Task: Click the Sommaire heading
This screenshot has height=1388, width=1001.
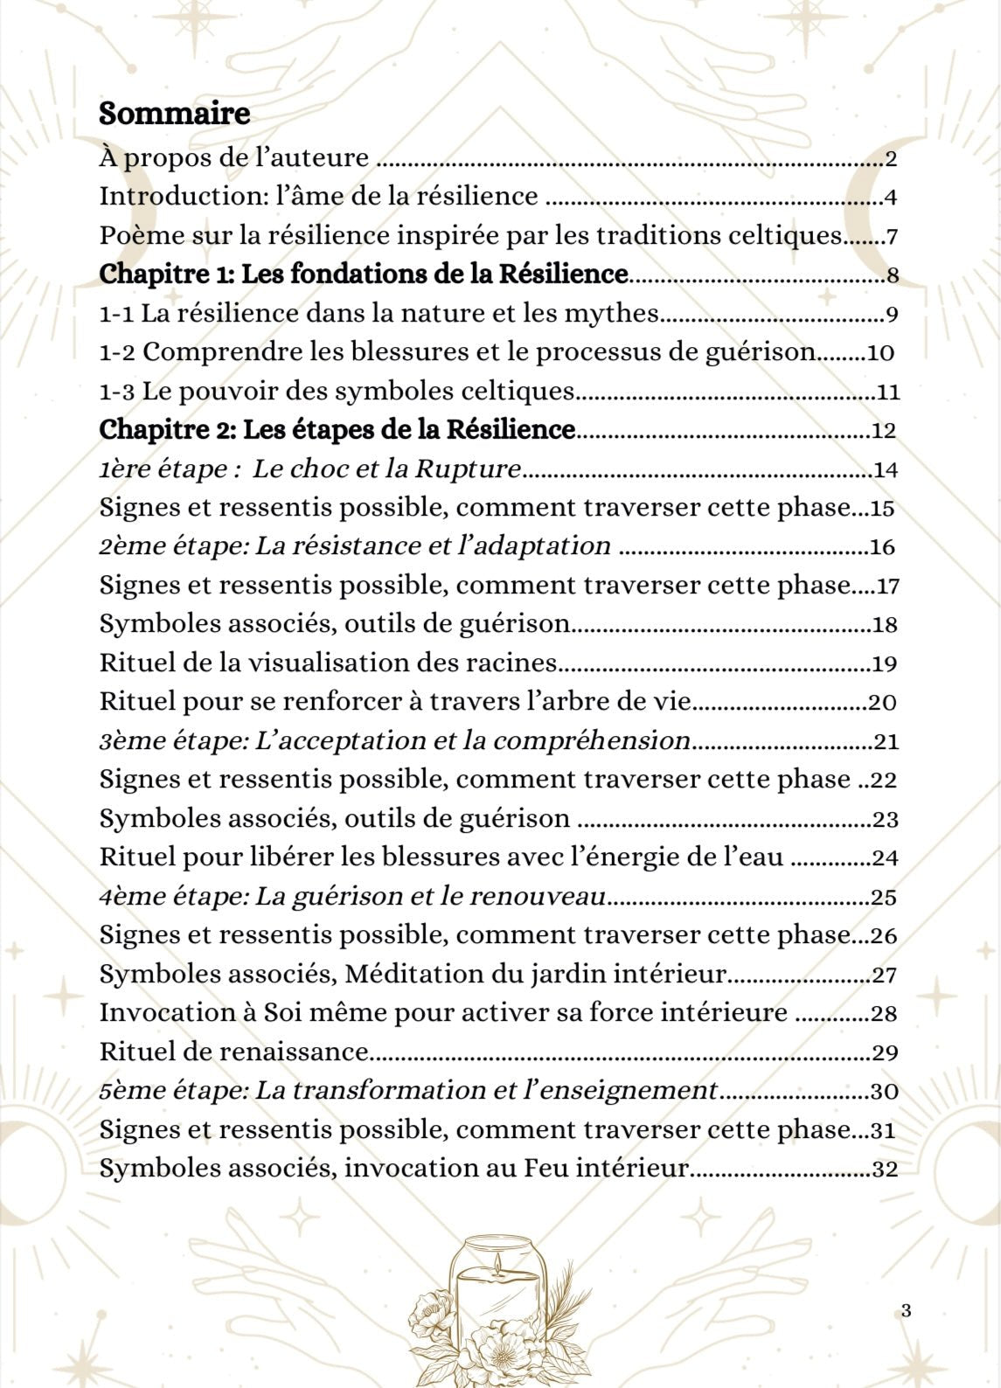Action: (x=175, y=114)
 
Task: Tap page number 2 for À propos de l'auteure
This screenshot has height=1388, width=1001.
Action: (x=891, y=159)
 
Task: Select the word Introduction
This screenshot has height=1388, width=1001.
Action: (x=180, y=196)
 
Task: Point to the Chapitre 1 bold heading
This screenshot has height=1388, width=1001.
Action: (x=363, y=274)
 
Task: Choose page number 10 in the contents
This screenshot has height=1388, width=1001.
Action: (x=879, y=353)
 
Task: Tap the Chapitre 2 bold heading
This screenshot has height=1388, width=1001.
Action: (x=337, y=430)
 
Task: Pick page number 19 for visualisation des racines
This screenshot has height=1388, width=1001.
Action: (x=885, y=664)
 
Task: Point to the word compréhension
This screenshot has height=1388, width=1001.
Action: (x=592, y=741)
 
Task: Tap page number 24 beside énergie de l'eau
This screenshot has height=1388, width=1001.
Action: (x=885, y=858)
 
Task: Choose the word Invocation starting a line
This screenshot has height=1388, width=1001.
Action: (x=165, y=1013)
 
